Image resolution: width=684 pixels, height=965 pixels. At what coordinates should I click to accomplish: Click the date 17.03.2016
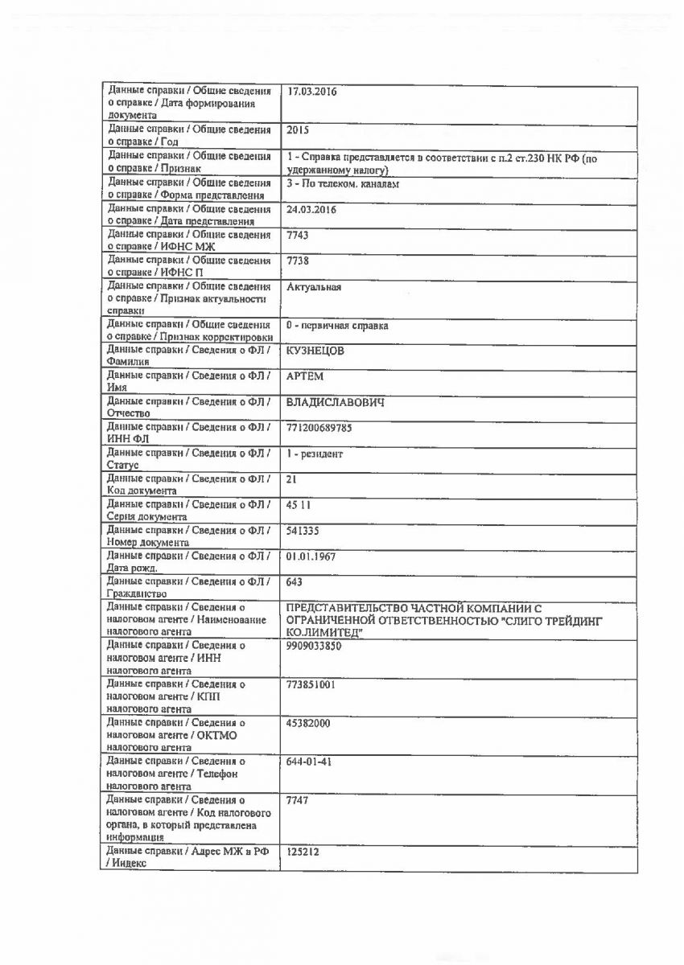pos(311,91)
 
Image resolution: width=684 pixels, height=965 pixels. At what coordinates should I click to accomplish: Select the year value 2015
pos(298,129)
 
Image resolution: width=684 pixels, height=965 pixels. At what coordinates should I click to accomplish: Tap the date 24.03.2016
pos(311,209)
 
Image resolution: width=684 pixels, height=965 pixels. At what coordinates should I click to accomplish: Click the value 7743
pos(298,235)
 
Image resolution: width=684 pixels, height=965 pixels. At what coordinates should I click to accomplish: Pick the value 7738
pos(298,261)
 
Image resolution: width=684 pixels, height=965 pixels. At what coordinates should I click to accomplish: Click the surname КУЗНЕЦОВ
pos(315,351)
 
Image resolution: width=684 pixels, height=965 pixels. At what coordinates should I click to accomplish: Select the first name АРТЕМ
pos(305,376)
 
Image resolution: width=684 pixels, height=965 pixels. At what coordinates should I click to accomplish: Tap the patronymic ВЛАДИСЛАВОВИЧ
pos(335,402)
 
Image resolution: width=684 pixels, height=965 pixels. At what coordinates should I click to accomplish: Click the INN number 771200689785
pos(319,428)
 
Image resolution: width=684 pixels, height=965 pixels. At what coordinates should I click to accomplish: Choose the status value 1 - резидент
pos(315,454)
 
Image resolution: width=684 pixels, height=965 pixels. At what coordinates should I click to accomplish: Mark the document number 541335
pos(303,531)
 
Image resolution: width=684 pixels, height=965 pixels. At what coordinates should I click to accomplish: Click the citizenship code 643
pos(295,581)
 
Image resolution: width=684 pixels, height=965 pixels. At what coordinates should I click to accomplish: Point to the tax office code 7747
pos(298,800)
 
